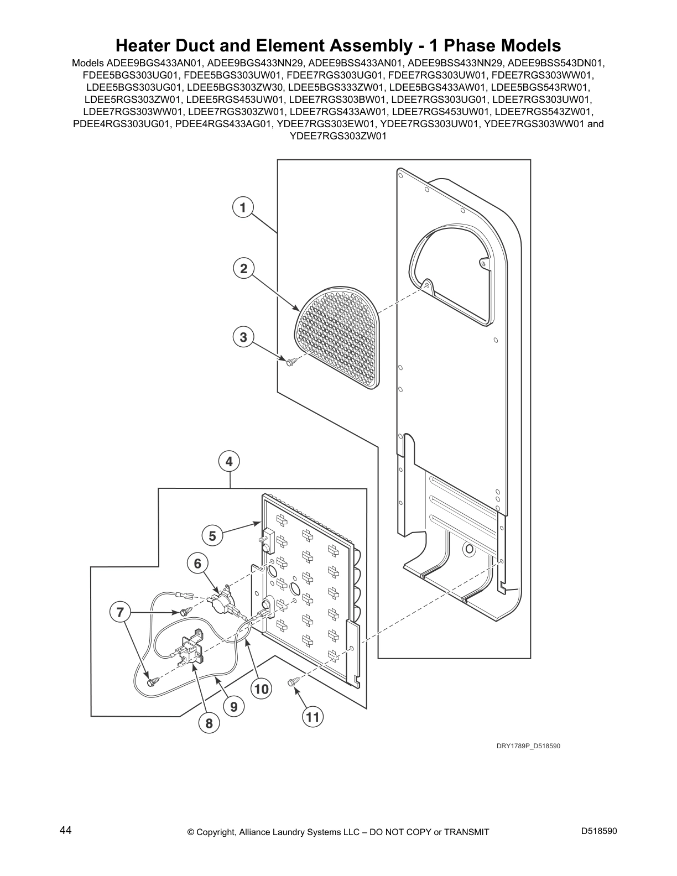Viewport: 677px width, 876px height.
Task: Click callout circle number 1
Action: pyautogui.click(x=243, y=207)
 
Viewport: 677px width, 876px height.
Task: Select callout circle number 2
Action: pyautogui.click(x=243, y=268)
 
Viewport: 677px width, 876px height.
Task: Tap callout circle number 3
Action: pyautogui.click(x=243, y=337)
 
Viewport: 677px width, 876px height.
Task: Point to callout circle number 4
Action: pyautogui.click(x=229, y=461)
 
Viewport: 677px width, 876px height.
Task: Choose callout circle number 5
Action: pyautogui.click(x=212, y=536)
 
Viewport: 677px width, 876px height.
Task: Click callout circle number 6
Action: pyautogui.click(x=197, y=563)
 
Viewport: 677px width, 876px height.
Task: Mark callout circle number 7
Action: pyautogui.click(x=120, y=613)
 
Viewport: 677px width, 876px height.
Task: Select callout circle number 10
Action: pyautogui.click(x=261, y=689)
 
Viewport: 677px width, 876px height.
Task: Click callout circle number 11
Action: pyautogui.click(x=313, y=717)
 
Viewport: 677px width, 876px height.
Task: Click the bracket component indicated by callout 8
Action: pyautogui.click(x=188, y=649)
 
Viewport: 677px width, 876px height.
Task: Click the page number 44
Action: pyautogui.click(x=65, y=831)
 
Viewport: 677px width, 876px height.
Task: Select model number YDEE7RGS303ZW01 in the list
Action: pyautogui.click(x=338, y=136)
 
